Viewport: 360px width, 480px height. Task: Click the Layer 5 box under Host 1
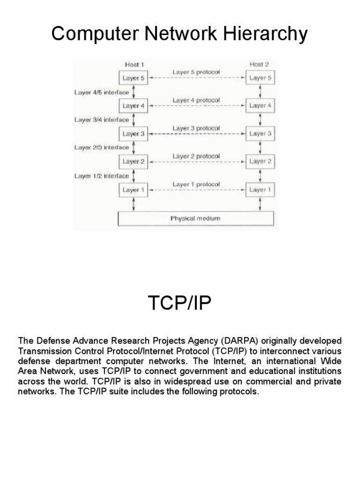134,78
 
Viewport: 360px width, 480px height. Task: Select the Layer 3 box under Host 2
260,134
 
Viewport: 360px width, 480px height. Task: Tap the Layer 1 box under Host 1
134,190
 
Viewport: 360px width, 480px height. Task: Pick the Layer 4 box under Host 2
260,106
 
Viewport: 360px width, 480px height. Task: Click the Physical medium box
195,218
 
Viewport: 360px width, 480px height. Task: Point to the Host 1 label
135,65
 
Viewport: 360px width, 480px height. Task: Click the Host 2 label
260,65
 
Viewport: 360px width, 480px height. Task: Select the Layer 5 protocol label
196,72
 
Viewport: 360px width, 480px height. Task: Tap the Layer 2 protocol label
196,156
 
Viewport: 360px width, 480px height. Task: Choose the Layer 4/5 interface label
101,92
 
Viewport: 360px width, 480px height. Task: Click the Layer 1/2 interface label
101,176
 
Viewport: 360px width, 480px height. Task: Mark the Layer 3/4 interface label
101,120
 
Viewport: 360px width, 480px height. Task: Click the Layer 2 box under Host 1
134,162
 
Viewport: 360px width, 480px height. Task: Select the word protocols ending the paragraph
239,392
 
